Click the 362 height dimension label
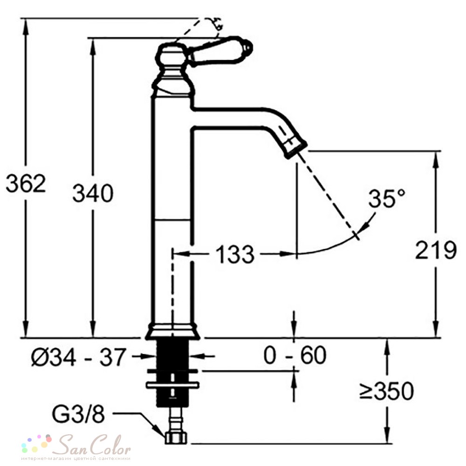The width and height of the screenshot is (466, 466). tap(26, 183)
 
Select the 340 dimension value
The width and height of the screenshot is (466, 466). tap(93, 193)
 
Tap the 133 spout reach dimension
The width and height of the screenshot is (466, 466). tap(235, 254)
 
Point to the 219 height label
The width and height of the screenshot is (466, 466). tap(435, 250)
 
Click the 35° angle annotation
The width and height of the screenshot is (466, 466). tap(387, 198)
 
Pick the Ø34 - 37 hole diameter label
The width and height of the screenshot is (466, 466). tap(78, 356)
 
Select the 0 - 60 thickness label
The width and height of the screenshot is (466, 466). tap(295, 355)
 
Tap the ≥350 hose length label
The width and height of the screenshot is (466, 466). tap(386, 391)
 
